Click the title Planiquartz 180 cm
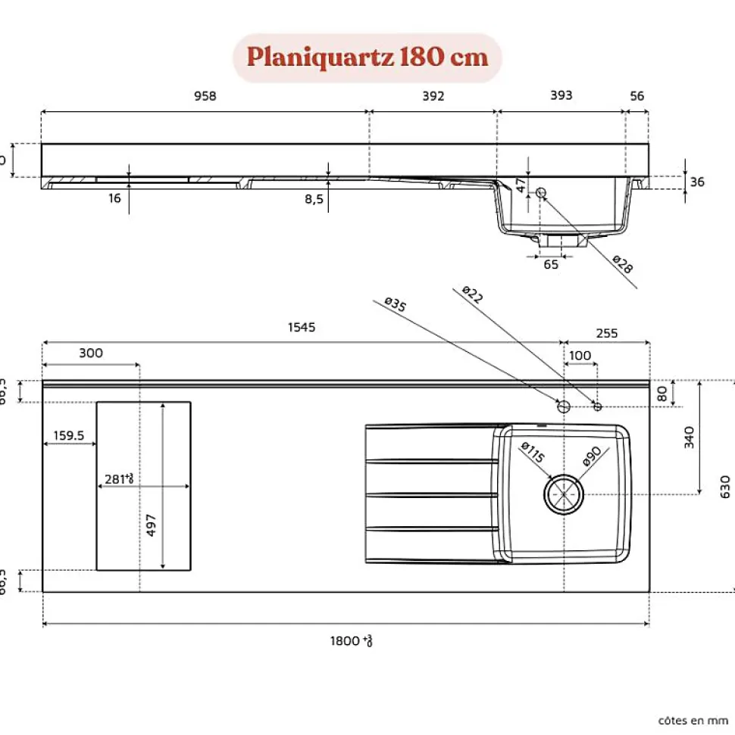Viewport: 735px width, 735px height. click(367, 58)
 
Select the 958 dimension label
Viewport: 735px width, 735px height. click(205, 96)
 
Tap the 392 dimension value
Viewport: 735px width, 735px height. click(433, 96)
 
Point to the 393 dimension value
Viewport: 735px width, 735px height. click(561, 95)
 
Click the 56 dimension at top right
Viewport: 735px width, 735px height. click(637, 96)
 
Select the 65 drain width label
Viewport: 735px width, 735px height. click(551, 264)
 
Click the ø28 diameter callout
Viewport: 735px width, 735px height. click(622, 266)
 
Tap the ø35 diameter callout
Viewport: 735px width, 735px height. click(396, 304)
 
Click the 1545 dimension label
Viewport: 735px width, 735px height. click(301, 328)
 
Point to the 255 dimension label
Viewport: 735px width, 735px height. click(607, 333)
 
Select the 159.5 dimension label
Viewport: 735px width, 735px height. click(69, 436)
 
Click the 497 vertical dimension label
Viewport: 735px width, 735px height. click(152, 525)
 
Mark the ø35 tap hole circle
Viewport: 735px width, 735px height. click(564, 406)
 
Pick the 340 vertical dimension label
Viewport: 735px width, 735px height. click(689, 437)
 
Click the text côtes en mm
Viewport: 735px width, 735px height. click(693, 721)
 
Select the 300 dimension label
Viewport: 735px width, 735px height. click(91, 353)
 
